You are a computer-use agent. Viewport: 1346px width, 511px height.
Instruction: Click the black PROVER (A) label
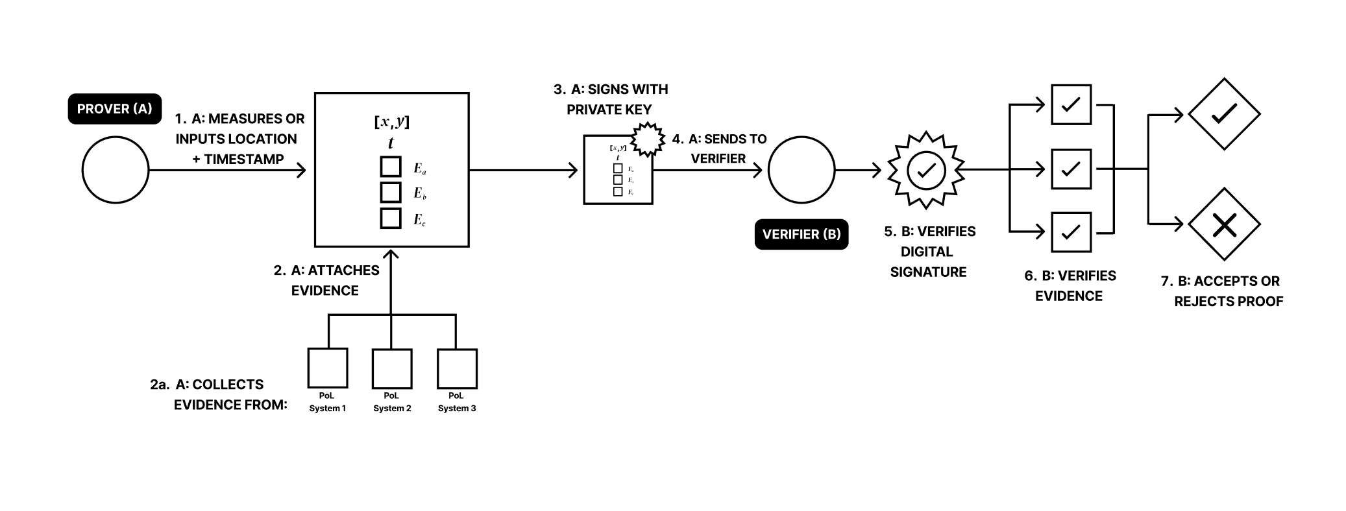(115, 109)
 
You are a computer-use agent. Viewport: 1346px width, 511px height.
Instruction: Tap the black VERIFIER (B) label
(801, 234)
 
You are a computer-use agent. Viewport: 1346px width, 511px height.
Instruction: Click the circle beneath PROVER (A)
(116, 170)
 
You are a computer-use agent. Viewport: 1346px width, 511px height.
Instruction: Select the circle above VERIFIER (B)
(801, 170)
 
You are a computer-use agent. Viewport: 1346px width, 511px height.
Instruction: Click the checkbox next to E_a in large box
(391, 167)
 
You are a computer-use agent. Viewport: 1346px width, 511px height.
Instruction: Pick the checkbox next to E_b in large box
(391, 193)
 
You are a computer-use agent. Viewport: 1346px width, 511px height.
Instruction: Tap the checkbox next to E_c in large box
(391, 219)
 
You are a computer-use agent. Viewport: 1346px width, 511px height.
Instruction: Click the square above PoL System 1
(328, 368)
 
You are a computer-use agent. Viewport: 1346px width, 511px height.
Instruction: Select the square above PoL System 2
(392, 368)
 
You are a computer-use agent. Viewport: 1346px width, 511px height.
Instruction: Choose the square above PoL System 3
(457, 368)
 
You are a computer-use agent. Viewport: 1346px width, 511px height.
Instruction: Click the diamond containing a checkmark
(1224, 114)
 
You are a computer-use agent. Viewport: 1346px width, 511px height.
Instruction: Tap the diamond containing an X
(1224, 224)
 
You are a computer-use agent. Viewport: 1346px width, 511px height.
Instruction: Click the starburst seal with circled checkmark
(926, 170)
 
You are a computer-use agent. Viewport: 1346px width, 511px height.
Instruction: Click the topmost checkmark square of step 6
(1071, 104)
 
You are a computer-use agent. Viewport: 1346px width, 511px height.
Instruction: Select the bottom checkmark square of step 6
(1071, 232)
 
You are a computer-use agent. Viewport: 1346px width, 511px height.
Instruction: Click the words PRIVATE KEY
(609, 110)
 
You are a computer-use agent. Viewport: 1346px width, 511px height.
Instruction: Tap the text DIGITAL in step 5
(927, 252)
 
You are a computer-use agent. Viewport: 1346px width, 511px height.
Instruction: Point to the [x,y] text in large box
(391, 121)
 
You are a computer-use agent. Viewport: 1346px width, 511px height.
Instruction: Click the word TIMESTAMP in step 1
(243, 159)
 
